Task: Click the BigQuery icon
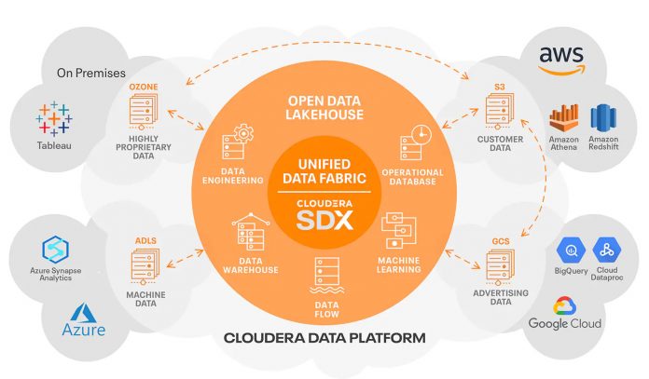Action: (x=570, y=250)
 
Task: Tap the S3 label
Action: (x=500, y=87)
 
